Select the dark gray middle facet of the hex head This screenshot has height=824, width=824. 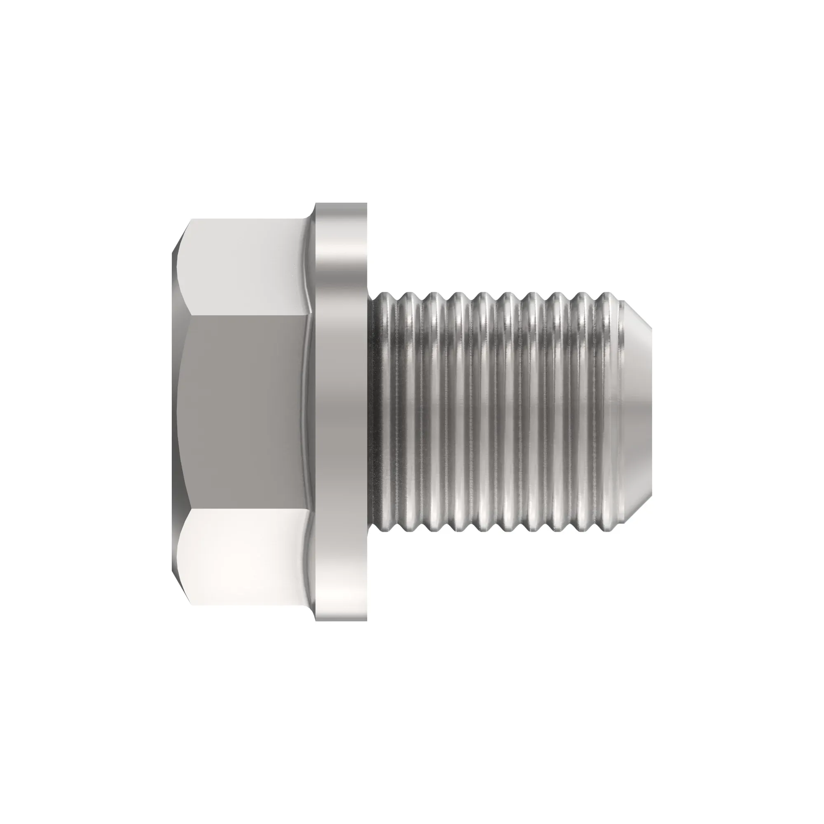click(x=243, y=412)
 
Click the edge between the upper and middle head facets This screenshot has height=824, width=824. click(x=243, y=316)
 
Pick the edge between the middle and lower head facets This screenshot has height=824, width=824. click(x=243, y=508)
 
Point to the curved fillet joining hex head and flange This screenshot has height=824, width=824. click(x=311, y=412)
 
